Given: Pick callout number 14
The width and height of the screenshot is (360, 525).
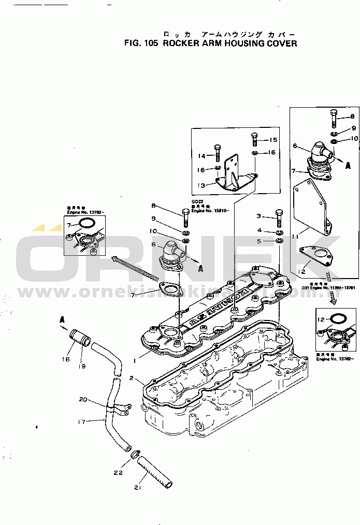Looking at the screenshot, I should pyautogui.click(x=202, y=156).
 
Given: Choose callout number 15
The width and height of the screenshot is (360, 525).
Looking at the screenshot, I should pyautogui.click(x=273, y=140).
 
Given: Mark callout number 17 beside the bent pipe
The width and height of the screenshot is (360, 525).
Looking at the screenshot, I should pyautogui.click(x=81, y=422).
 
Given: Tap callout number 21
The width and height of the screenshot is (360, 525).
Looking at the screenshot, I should pyautogui.click(x=137, y=487).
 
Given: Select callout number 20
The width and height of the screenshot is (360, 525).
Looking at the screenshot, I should pyautogui.click(x=83, y=399).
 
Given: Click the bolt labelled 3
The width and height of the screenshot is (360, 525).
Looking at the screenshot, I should pyautogui.click(x=279, y=218).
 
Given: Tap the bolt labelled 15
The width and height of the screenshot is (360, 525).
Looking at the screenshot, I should pyautogui.click(x=254, y=140).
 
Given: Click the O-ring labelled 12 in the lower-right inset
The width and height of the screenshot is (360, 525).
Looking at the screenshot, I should pyautogui.click(x=336, y=319).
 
